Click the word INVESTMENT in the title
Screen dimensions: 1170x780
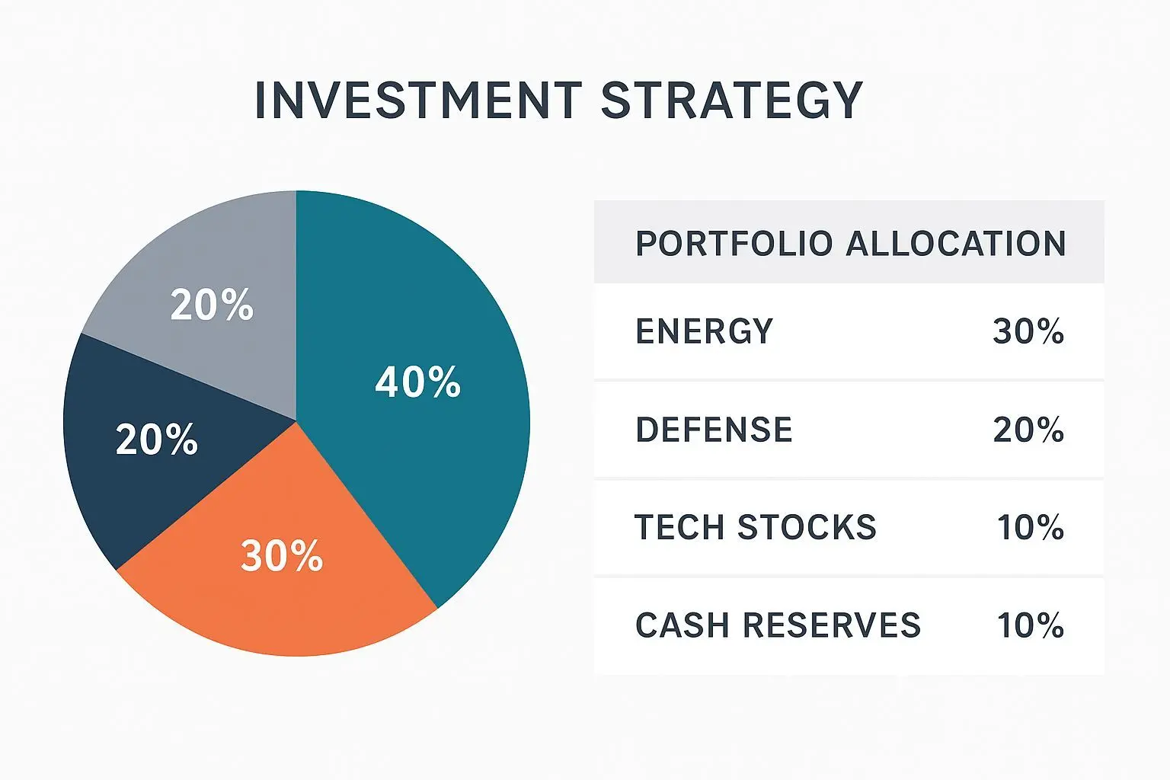coord(419,100)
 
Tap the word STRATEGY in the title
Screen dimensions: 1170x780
coord(732,100)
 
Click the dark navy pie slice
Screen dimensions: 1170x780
coord(152,444)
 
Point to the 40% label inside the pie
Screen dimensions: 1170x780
coord(418,382)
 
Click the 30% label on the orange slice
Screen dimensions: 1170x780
coord(282,555)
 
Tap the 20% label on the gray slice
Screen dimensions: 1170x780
coord(212,305)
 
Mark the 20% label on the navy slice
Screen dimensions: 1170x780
coord(157,440)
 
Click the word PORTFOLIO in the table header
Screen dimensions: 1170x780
coord(734,244)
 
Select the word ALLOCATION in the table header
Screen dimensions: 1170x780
coord(956,244)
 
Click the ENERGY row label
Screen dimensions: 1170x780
coord(704,331)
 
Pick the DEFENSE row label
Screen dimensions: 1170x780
coord(714,430)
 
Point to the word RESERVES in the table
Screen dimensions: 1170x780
coord(832,625)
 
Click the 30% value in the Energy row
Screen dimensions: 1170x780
coord(1028,331)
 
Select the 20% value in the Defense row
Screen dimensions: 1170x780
coord(1028,430)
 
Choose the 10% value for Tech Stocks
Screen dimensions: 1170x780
coord(1031,527)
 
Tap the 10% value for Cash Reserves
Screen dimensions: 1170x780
coord(1031,625)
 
